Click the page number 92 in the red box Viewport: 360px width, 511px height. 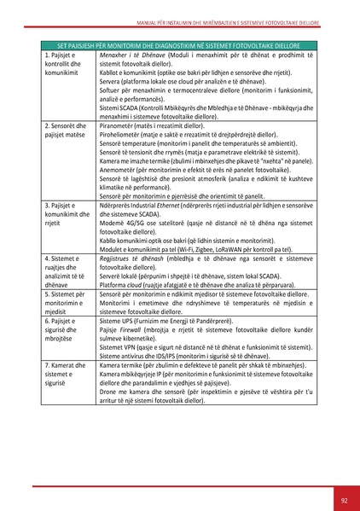point(344,499)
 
